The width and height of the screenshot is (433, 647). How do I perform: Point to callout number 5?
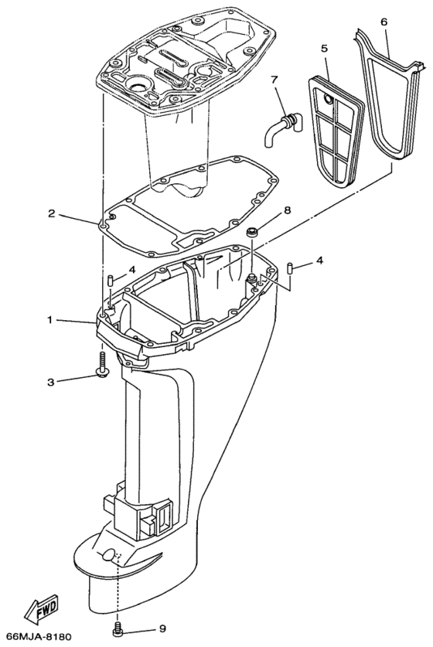(325, 47)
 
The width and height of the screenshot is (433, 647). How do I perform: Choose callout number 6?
(384, 22)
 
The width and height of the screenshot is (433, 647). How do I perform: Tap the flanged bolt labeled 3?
(102, 363)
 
